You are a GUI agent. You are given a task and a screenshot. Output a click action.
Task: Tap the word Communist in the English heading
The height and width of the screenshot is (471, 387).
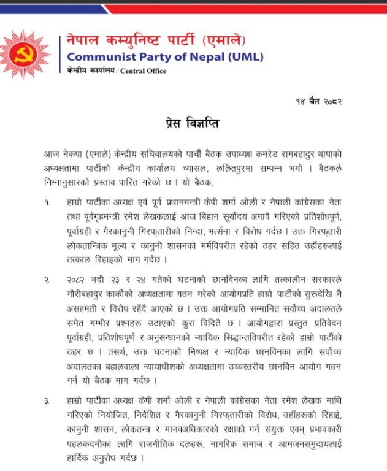point(99,58)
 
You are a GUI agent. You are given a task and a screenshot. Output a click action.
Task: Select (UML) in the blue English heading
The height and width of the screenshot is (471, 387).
point(244,58)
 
